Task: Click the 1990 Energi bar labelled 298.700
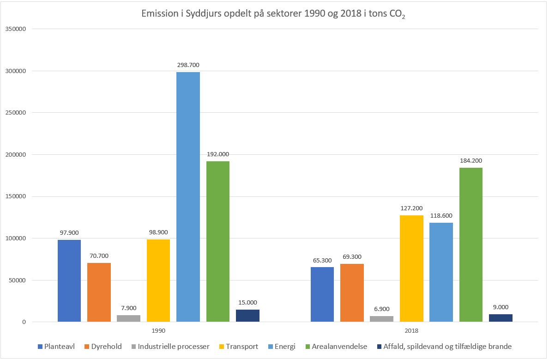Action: click(188, 196)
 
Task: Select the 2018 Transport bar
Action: click(411, 268)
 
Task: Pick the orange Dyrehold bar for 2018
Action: click(352, 293)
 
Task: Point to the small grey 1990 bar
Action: click(128, 318)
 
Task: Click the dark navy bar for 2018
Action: click(501, 318)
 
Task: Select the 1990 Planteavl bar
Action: click(69, 281)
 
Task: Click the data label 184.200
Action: click(471, 161)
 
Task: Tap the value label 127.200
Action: click(411, 208)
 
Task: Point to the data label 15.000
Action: click(247, 302)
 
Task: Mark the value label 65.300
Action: click(322, 260)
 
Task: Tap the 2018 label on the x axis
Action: click(411, 331)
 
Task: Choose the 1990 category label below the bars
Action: click(158, 331)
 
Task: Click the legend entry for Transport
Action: click(239, 347)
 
